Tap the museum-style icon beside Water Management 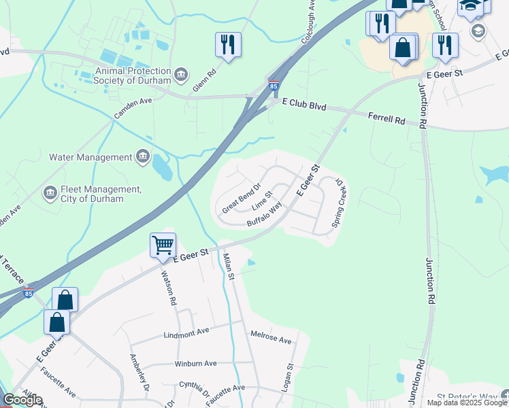point(143,157)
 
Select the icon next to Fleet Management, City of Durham point(50,194)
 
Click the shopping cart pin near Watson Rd point(163,245)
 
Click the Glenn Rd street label point(204,77)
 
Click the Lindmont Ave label point(186,335)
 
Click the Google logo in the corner point(22,400)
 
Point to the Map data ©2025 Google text point(467,403)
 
